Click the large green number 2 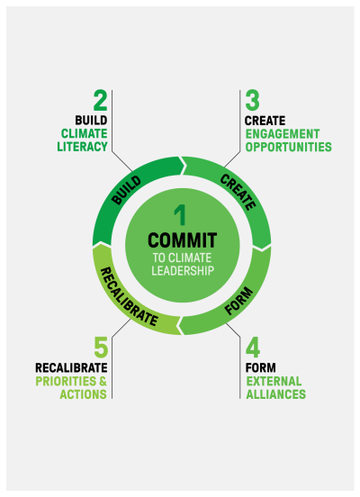(100, 101)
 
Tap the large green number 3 (253, 101)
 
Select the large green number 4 (253, 348)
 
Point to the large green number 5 (101, 348)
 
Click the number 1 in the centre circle (180, 215)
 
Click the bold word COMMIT (182, 239)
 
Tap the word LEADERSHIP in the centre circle (183, 271)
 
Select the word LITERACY (83, 147)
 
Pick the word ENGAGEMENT (283, 134)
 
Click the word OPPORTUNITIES (289, 147)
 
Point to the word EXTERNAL (274, 382)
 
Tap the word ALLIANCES (276, 394)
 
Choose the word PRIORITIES (66, 381)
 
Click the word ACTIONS (84, 394)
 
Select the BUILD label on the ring (126, 190)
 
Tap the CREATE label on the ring (238, 192)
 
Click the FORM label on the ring (238, 301)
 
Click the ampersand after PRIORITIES (103, 381)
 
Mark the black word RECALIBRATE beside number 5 (71, 368)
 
